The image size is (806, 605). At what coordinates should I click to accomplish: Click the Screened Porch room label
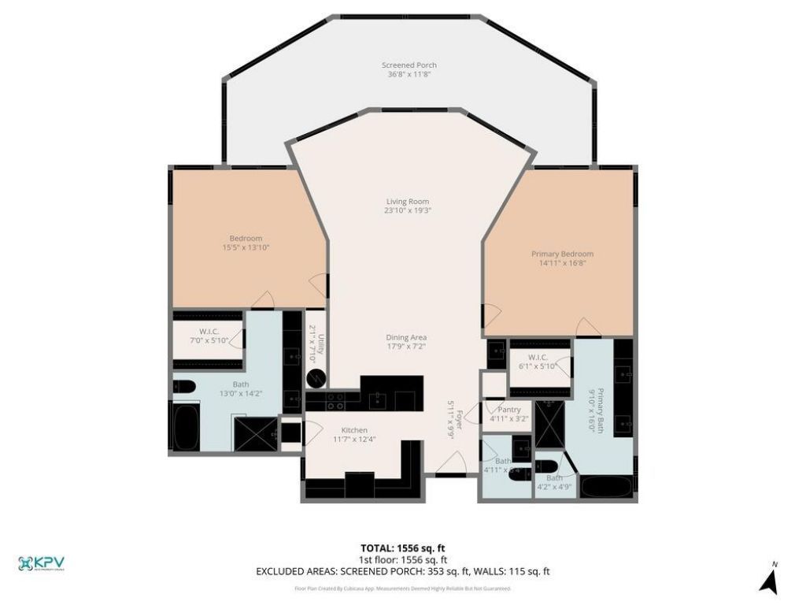point(409,65)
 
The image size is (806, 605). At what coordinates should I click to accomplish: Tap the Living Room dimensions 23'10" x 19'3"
point(407,211)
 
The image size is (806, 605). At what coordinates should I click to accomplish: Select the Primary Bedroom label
point(562,254)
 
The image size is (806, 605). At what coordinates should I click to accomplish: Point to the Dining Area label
point(406,337)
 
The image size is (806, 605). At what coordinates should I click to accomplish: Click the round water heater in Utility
point(316,378)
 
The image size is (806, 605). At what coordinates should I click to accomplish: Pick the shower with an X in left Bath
point(255,434)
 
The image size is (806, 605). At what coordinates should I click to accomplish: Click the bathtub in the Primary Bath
point(605,486)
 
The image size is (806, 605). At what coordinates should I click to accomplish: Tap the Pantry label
point(505,410)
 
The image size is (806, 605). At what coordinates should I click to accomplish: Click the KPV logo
point(41,563)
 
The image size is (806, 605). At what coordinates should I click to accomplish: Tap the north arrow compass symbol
point(769,581)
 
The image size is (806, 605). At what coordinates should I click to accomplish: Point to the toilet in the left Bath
point(183,386)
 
